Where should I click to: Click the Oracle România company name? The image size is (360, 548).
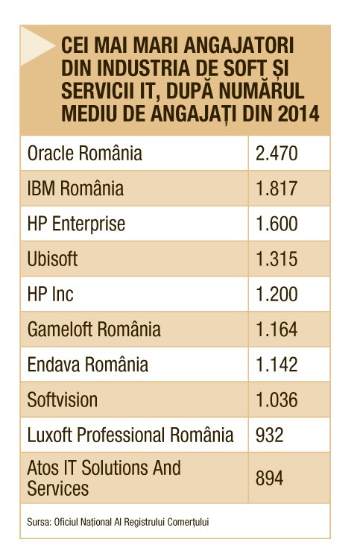[x=84, y=154]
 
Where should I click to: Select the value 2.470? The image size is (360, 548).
[x=277, y=154]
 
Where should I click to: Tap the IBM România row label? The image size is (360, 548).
[x=75, y=189]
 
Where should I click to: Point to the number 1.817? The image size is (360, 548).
[x=277, y=189]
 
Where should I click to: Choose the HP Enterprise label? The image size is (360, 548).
[x=76, y=224]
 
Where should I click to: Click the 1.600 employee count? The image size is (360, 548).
[x=277, y=224]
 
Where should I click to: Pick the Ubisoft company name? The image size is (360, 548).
[x=52, y=259]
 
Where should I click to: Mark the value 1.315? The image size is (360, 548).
[x=277, y=259]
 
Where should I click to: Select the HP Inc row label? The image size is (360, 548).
[x=51, y=294]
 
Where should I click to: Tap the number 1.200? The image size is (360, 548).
[x=277, y=295]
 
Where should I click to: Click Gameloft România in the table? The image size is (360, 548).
[x=94, y=330]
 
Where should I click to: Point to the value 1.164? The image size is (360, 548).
[x=277, y=330]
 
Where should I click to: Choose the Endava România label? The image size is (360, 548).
[x=88, y=365]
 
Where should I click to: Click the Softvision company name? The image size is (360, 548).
[x=62, y=400]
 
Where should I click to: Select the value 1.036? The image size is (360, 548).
[x=277, y=400]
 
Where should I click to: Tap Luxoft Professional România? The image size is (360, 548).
[x=130, y=435]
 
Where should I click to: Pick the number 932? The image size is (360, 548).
[x=270, y=435]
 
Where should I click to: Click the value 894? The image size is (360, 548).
[x=270, y=478]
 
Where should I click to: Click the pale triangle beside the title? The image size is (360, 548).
[x=35, y=46]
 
